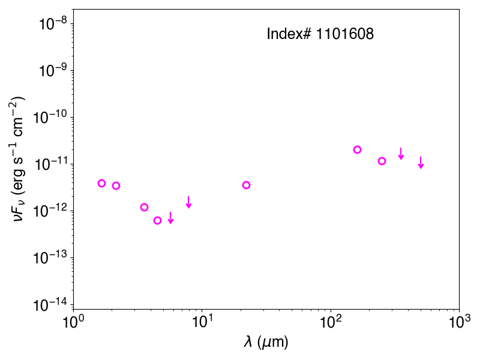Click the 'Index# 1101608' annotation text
(x=320, y=34)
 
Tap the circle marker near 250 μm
(x=382, y=161)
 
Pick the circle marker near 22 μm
(x=246, y=185)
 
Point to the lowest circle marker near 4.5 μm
(x=157, y=220)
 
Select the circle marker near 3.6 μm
(x=144, y=207)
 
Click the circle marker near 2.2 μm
(x=116, y=185)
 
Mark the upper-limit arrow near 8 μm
(x=188, y=202)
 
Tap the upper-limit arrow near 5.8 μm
(x=171, y=218)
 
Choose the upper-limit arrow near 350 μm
(x=401, y=154)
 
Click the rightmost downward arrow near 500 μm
(x=421, y=163)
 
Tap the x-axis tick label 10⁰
(x=73, y=322)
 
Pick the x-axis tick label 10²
(x=331, y=322)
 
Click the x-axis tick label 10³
(x=459, y=322)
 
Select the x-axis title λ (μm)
(x=266, y=341)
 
